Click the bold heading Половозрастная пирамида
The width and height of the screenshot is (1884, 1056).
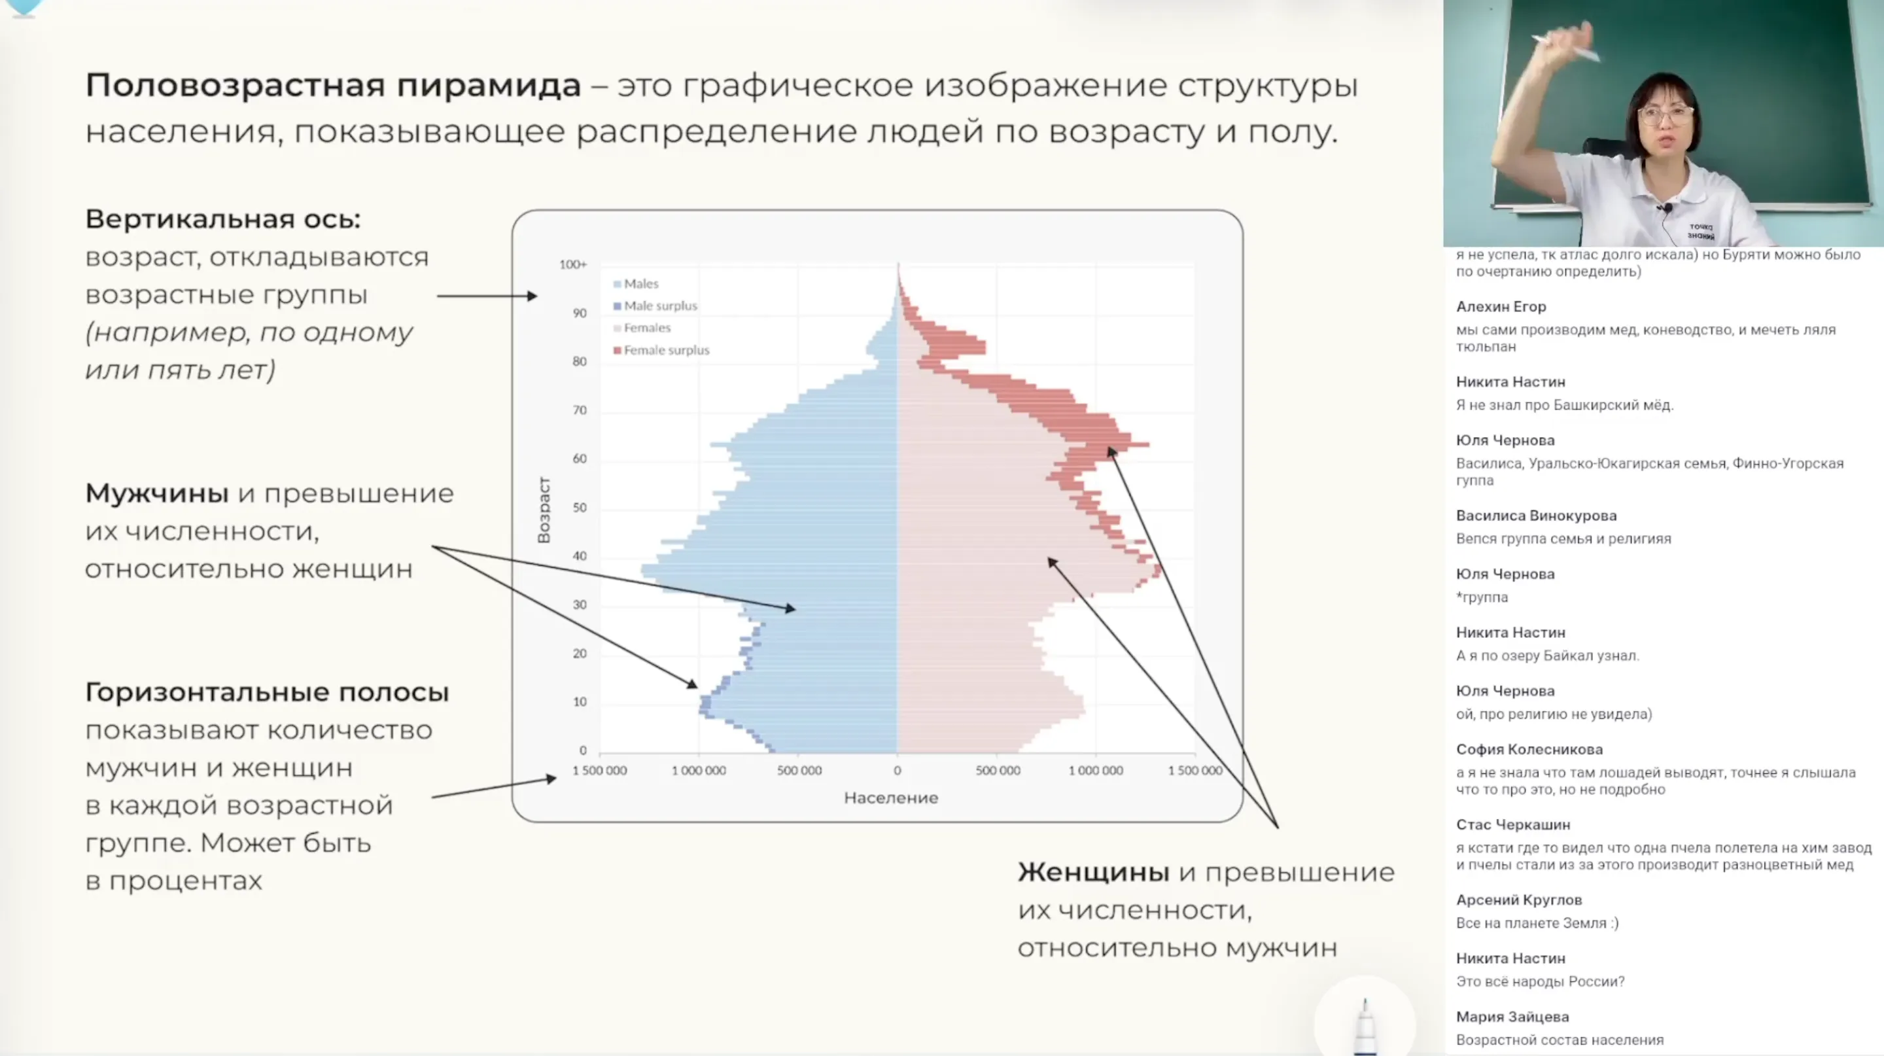click(x=333, y=86)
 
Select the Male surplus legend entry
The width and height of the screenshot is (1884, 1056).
click(x=659, y=306)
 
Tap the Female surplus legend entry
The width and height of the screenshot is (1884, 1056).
click(x=665, y=350)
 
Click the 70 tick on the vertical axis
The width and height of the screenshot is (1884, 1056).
click(x=579, y=410)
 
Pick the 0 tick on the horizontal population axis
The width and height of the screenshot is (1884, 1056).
click(x=897, y=771)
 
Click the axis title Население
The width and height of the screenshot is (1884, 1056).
click(x=890, y=798)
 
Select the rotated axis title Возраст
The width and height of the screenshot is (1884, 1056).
click(x=544, y=510)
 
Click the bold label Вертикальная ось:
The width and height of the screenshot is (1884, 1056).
click(x=223, y=219)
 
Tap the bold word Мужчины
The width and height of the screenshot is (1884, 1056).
click(x=156, y=493)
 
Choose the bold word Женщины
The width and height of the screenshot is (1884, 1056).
click(x=1092, y=872)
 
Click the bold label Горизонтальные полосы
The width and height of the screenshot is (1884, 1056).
click(x=267, y=692)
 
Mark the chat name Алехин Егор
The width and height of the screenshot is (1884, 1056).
click(x=1500, y=306)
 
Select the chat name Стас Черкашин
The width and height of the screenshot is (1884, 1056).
click(x=1512, y=825)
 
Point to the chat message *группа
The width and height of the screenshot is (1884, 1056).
click(x=1482, y=597)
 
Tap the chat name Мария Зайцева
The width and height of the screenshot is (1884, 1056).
click(x=1512, y=1017)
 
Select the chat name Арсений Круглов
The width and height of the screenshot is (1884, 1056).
click(x=1518, y=900)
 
